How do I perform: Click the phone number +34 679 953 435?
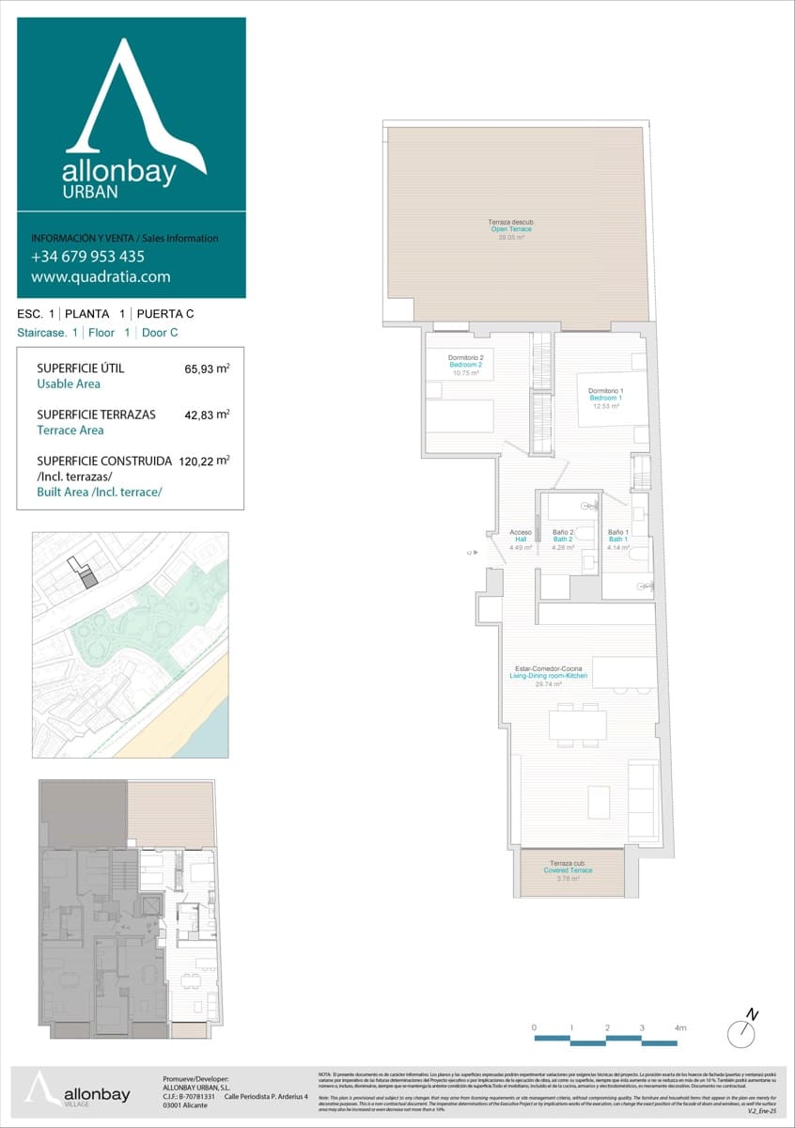[87, 256]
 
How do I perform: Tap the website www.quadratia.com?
[101, 276]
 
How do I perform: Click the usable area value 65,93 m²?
[208, 369]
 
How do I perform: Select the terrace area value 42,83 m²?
[208, 415]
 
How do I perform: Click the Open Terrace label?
[511, 229]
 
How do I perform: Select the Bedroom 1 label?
[605, 398]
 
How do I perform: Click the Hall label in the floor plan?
[521, 540]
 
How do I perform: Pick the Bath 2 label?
[563, 540]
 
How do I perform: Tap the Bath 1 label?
[617, 540]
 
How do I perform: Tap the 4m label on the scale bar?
[680, 1028]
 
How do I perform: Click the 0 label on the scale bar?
[534, 1028]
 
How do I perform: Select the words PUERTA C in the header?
[165, 314]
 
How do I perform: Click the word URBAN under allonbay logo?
[90, 192]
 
